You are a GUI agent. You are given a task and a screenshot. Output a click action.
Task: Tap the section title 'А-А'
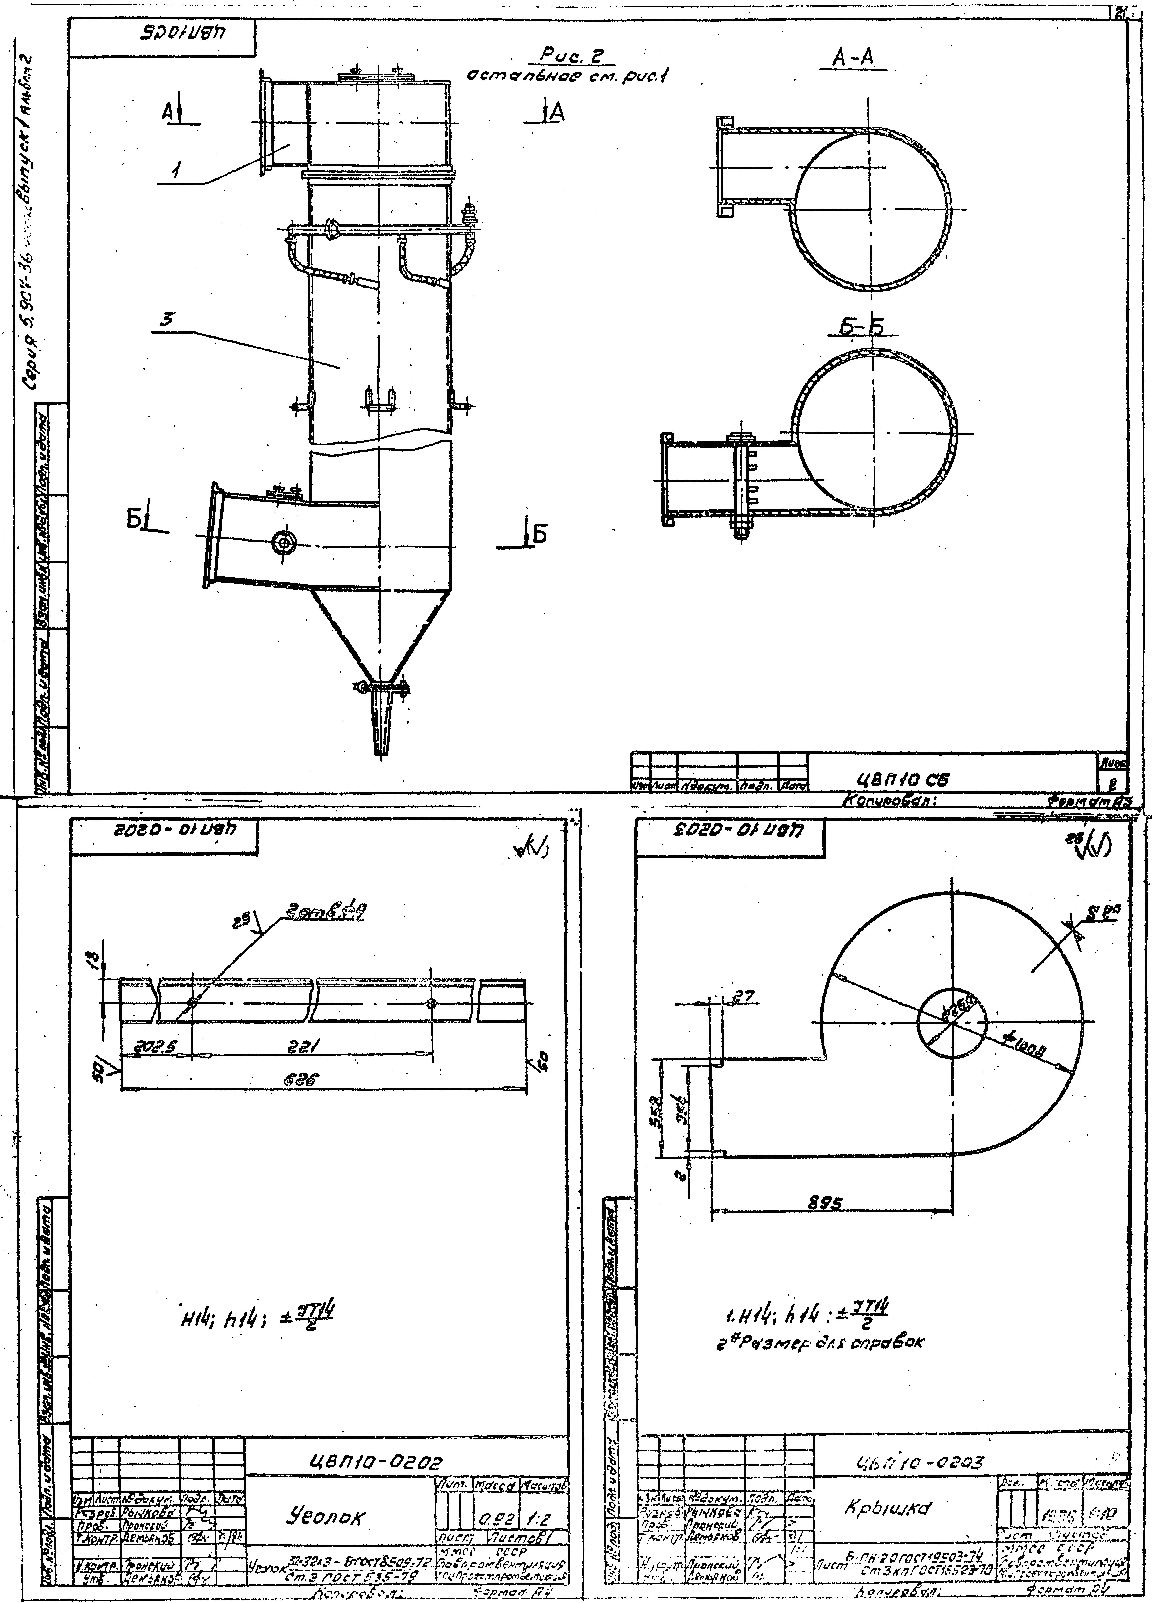[854, 59]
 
